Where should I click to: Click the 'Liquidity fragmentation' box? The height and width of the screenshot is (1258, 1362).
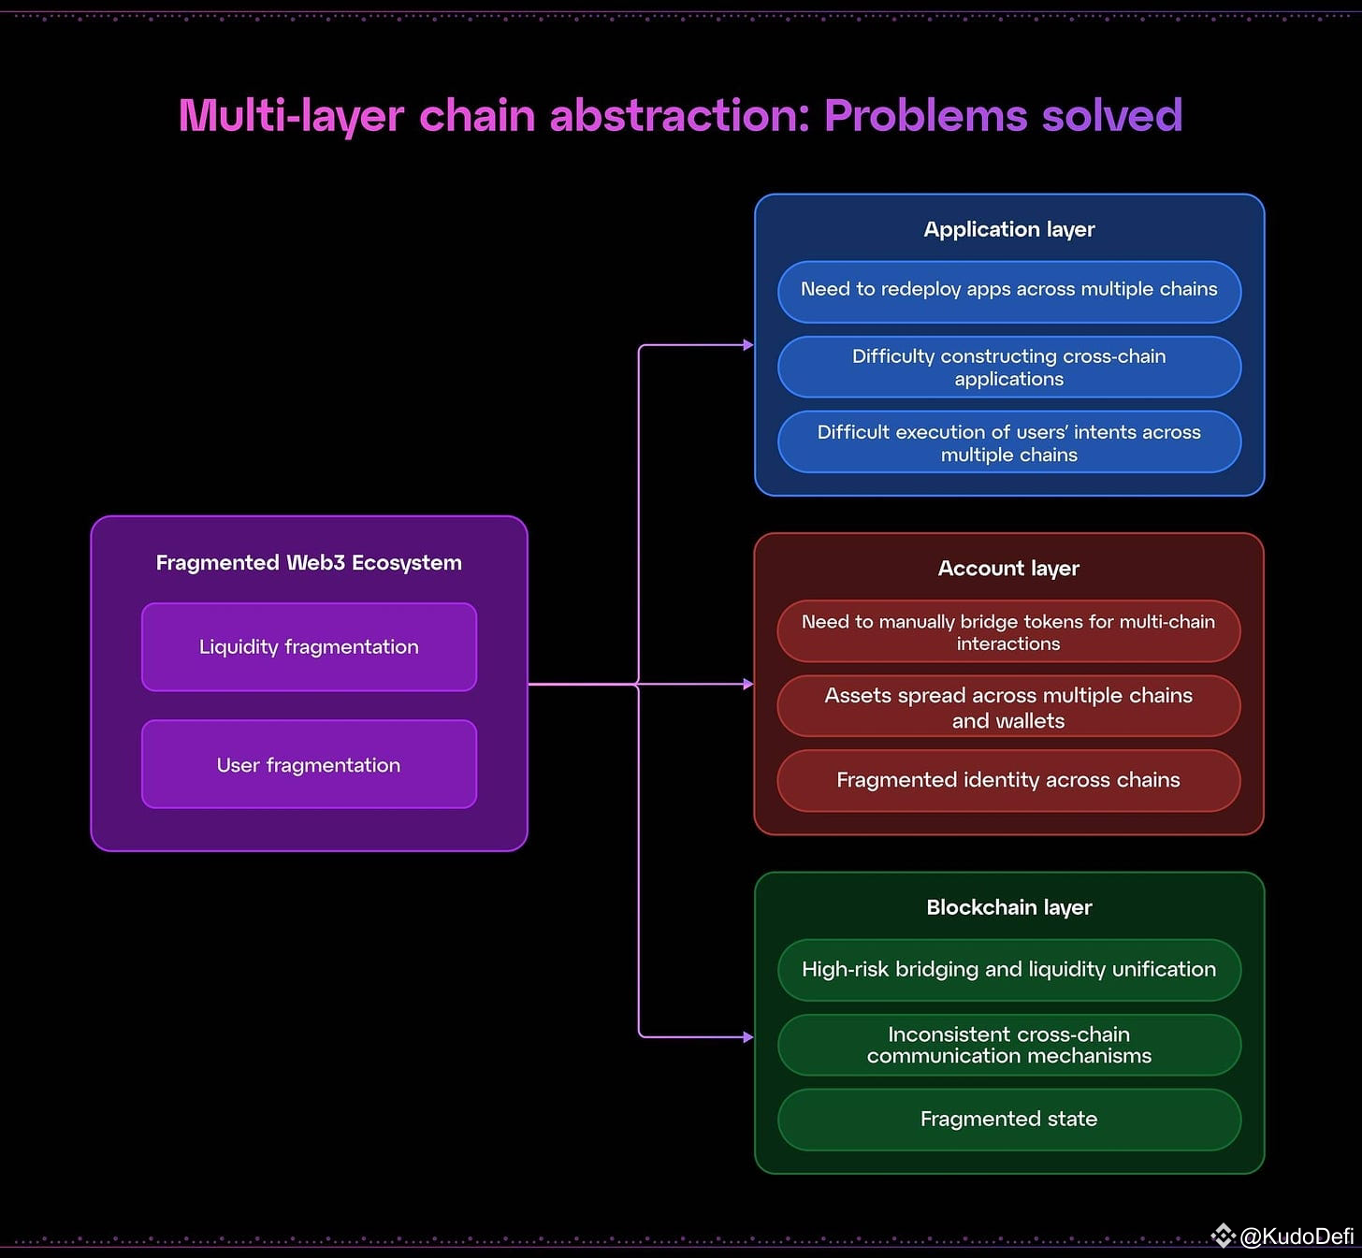pos(309,647)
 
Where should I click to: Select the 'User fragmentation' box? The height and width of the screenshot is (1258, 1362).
pos(309,764)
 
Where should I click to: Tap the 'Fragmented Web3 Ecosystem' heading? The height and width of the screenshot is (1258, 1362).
pos(309,562)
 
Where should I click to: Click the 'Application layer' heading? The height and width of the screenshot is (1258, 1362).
pos(1008,229)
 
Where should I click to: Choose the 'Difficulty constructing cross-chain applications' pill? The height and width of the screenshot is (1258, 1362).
pos(1008,367)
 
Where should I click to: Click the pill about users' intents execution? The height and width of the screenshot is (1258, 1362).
pos(1008,442)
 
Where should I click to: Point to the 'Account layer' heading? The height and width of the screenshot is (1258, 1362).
pos(1008,568)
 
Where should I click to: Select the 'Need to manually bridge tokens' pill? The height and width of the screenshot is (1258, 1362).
pos(1008,631)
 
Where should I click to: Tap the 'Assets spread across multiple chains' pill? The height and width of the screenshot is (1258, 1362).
pos(1008,707)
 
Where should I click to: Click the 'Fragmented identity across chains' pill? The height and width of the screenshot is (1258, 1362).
pos(1008,780)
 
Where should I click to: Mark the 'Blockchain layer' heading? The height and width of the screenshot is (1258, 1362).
pos(1008,907)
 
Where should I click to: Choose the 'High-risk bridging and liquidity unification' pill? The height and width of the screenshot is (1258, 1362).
pos(1008,970)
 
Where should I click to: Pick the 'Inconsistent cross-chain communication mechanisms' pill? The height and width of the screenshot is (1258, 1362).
pos(1008,1045)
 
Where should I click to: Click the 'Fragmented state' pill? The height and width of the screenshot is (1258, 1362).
pos(1008,1119)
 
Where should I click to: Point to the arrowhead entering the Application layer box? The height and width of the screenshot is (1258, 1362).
pos(747,345)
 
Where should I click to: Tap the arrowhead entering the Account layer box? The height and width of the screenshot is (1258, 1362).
pos(747,685)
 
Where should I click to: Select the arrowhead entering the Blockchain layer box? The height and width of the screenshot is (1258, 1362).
pos(747,1037)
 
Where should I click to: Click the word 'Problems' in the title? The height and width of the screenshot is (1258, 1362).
pos(925,116)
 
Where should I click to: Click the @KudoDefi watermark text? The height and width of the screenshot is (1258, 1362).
pos(1296,1236)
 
